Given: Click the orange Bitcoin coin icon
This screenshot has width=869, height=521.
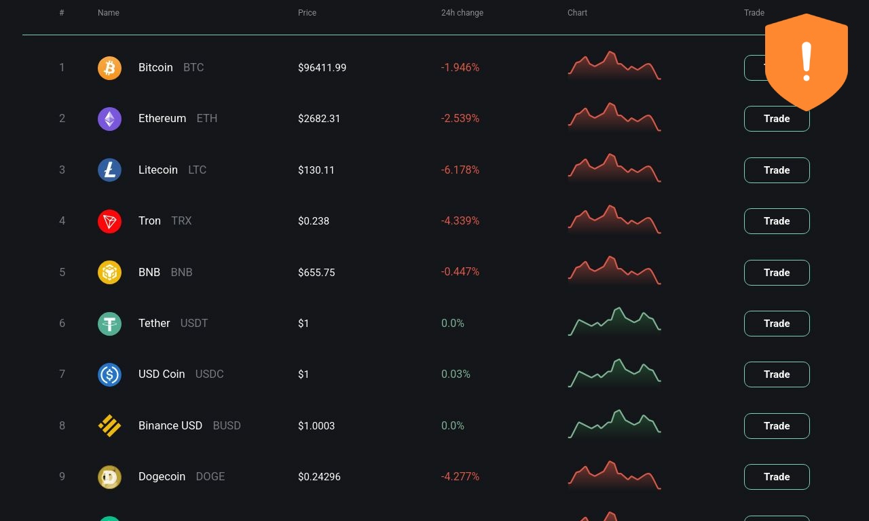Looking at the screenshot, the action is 109,68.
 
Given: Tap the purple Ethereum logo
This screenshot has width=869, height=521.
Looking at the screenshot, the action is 109,119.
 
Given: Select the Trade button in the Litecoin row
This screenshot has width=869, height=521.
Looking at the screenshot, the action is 777,170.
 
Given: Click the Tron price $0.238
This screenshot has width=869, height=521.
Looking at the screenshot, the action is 314,221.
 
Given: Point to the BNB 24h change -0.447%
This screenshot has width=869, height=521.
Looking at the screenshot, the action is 460,272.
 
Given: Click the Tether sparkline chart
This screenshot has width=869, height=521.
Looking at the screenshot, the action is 614,322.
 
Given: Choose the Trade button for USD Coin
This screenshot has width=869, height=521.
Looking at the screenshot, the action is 777,374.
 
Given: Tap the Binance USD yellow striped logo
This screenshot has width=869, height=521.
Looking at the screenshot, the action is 109,425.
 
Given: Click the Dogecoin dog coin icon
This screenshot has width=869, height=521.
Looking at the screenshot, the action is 109,477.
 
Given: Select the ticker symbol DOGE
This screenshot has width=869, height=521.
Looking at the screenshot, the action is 210,476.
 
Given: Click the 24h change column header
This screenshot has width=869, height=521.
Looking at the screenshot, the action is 462,13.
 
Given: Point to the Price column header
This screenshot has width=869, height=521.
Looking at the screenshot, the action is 307,13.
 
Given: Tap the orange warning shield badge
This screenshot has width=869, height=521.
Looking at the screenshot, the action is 807,62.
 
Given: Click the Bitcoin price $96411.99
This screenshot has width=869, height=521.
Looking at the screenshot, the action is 322,68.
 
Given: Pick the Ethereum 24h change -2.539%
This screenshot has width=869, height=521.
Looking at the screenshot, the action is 460,118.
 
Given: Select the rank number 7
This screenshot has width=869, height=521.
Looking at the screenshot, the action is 62,374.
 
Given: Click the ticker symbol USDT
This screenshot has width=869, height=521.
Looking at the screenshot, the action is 194,324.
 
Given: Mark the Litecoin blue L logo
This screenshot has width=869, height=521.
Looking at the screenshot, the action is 109,170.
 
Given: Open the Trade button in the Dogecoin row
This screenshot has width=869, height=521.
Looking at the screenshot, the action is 777,477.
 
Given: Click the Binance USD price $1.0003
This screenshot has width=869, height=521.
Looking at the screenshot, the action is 316,425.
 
